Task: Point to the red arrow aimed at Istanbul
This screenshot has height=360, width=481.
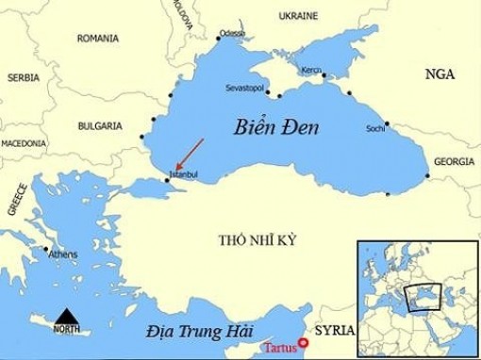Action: pyautogui.click(x=187, y=155)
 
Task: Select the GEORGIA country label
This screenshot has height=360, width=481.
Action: pyautogui.click(x=453, y=162)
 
